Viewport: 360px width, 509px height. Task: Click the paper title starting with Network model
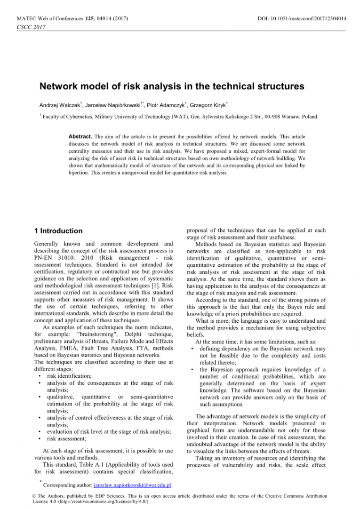[172, 86]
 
